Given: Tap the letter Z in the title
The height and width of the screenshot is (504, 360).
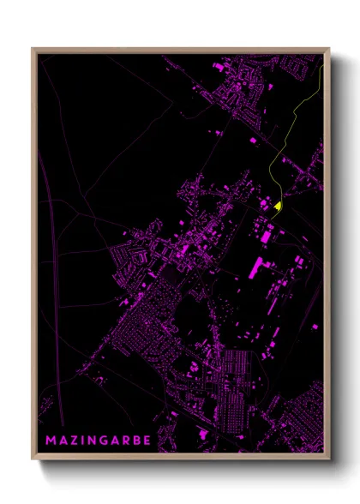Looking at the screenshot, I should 75,441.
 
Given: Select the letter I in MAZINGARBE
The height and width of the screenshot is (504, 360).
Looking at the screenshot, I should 85,441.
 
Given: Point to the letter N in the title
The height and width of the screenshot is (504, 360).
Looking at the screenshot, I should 96,441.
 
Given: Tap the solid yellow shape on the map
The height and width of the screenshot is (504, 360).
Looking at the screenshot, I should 279,206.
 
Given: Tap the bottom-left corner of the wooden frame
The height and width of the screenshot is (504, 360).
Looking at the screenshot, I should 33,461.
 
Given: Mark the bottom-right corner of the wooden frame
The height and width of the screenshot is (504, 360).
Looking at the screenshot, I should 328,461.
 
